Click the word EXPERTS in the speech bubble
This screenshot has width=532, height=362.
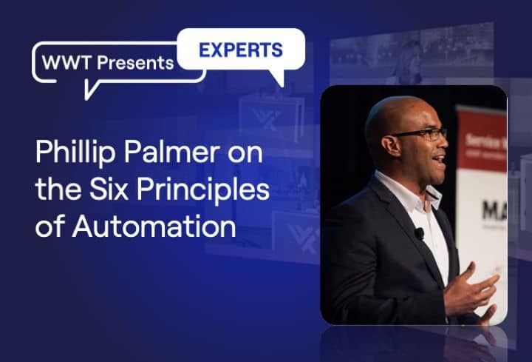pyautogui.click(x=240, y=50)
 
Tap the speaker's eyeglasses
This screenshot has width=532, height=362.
pyautogui.click(x=424, y=134)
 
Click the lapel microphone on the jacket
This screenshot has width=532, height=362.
pyautogui.click(x=419, y=233)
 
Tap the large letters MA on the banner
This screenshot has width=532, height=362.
pyautogui.click(x=493, y=211)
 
